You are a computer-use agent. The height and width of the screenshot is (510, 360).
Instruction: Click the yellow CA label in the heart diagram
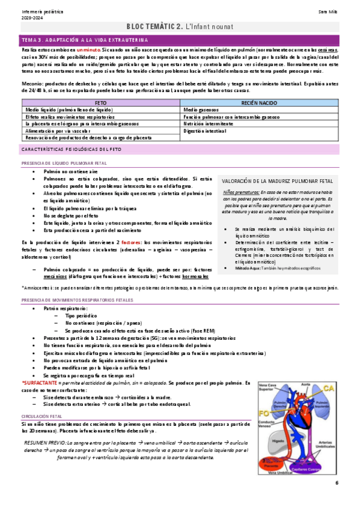click(x=329, y=387)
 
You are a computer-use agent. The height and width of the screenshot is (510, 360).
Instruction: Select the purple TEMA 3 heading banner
click(x=180, y=38)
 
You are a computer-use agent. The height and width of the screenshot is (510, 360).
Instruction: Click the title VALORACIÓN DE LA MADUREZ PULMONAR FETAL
click(x=277, y=180)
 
